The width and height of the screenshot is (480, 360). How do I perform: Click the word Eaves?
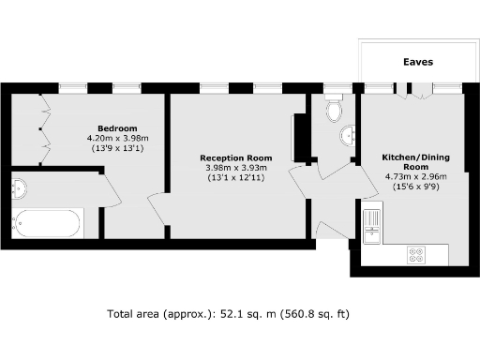[418, 62]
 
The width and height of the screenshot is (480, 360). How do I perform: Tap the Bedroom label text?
[118, 128]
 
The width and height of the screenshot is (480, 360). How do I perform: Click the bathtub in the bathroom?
[46, 223]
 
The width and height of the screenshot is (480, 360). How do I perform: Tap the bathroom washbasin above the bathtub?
[20, 188]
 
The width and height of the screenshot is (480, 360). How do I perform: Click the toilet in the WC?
[335, 112]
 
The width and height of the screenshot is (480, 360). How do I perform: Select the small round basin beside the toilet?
[350, 132]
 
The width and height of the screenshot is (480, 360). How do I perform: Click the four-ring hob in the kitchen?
[415, 254]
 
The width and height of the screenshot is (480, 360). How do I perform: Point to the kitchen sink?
[371, 225]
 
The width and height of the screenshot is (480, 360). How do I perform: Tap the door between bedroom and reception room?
[159, 211]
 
